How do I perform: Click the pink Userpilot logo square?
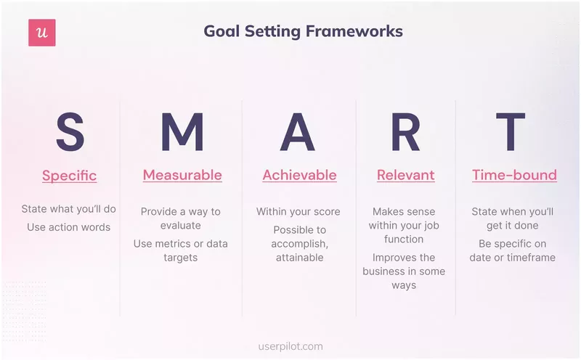42,33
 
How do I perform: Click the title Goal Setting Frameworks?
303,31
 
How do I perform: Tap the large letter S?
70,133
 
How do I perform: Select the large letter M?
182,133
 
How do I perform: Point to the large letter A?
298,133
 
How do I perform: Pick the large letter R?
405,133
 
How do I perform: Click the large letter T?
514,133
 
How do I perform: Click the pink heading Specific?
69,176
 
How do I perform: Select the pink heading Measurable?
182,175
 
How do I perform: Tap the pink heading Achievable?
299,175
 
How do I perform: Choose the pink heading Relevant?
405,175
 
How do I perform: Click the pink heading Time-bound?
514,175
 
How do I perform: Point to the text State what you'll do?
68,210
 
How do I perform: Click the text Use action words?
69,227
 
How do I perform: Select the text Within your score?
298,212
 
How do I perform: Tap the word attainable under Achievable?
299,258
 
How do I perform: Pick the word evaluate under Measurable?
181,226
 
